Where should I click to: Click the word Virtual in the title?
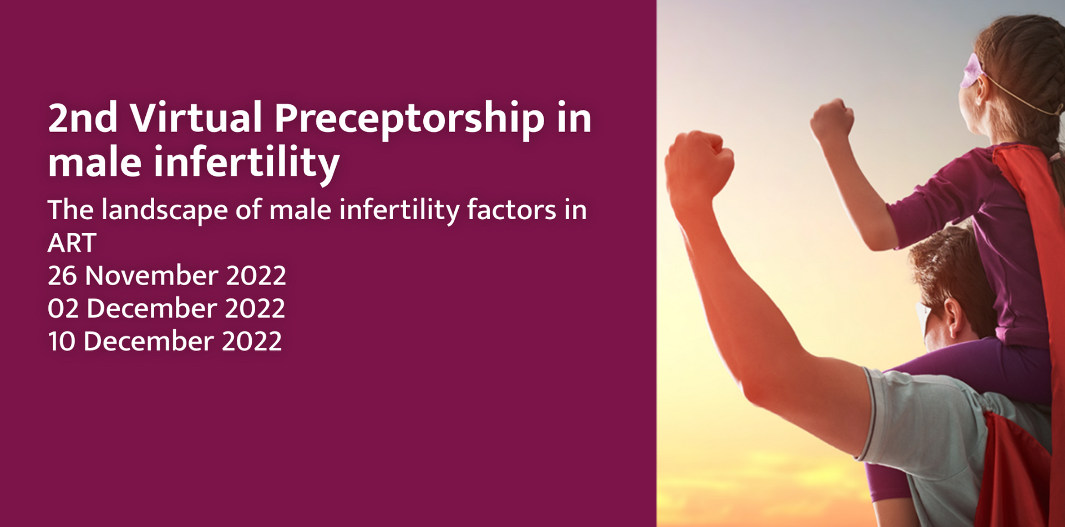click(195, 118)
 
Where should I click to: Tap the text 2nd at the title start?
click(83, 118)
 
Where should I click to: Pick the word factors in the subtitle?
click(511, 210)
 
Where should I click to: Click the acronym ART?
click(72, 243)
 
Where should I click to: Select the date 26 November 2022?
click(167, 276)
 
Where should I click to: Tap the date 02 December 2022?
click(166, 308)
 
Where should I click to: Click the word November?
click(151, 276)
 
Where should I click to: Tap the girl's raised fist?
click(832, 120)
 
